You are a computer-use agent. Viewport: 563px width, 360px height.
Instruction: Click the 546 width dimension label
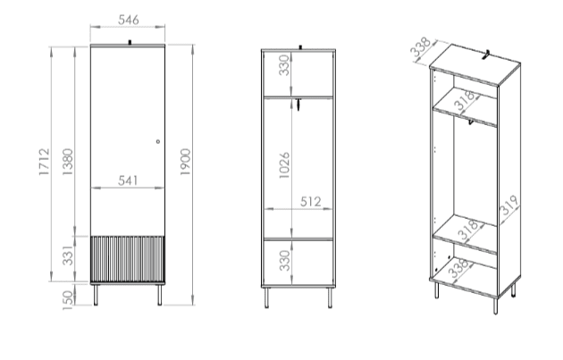tap(128, 20)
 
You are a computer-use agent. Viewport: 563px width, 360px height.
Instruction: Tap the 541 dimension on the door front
tap(128, 180)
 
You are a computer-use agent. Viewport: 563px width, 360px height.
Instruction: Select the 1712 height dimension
tap(44, 162)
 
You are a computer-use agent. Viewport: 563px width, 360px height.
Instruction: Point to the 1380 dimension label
tap(68, 162)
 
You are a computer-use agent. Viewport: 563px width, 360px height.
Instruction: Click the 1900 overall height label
tap(185, 162)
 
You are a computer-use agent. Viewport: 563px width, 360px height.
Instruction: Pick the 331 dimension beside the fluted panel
tap(68, 255)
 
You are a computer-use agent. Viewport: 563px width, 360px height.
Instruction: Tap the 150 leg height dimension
tap(68, 300)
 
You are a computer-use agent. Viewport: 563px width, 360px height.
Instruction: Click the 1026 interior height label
tap(284, 165)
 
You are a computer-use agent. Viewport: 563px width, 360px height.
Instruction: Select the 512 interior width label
tap(311, 202)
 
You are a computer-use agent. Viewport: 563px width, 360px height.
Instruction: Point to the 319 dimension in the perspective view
tap(509, 205)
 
